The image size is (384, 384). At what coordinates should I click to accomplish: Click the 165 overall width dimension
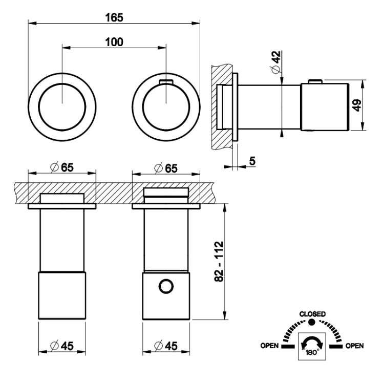[x=114, y=17]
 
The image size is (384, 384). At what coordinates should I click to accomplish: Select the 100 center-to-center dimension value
[x=114, y=42]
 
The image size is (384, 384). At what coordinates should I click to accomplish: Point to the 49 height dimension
[x=357, y=106]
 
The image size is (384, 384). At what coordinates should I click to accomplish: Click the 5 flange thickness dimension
[x=252, y=161]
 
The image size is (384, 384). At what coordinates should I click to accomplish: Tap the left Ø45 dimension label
[x=62, y=346]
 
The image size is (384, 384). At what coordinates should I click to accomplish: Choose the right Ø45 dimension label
[x=166, y=346]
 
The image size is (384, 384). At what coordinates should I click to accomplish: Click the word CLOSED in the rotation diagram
[x=312, y=313]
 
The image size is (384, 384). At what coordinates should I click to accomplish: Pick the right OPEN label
[x=354, y=346]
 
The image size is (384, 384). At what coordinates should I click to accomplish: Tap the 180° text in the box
[x=312, y=353]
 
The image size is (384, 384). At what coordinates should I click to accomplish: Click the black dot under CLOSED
[x=312, y=322]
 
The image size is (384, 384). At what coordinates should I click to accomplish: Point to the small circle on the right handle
[x=165, y=287]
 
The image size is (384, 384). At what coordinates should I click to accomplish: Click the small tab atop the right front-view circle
[x=165, y=81]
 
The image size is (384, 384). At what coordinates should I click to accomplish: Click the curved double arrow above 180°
[x=312, y=341]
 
